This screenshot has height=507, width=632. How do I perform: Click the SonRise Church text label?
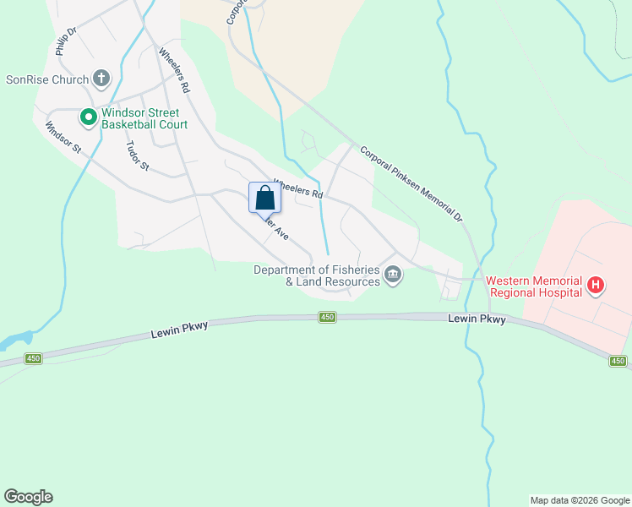point(47,80)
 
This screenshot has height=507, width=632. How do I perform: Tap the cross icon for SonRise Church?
point(101,79)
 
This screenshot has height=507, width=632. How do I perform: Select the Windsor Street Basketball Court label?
point(144,118)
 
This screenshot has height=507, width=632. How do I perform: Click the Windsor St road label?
point(63,138)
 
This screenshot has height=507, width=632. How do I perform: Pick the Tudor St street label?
point(136,155)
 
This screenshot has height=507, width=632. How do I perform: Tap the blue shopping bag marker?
point(264,199)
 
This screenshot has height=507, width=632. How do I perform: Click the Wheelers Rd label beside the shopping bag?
point(299,192)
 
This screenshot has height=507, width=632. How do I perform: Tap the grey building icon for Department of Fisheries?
point(393,275)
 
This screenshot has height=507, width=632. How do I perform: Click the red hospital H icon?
point(596,286)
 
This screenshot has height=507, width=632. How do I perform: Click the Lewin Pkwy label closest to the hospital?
point(477,319)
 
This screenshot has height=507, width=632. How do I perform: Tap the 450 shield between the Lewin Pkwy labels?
point(328,318)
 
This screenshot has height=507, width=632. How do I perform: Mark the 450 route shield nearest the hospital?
point(619,362)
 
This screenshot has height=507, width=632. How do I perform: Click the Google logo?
point(28,497)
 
